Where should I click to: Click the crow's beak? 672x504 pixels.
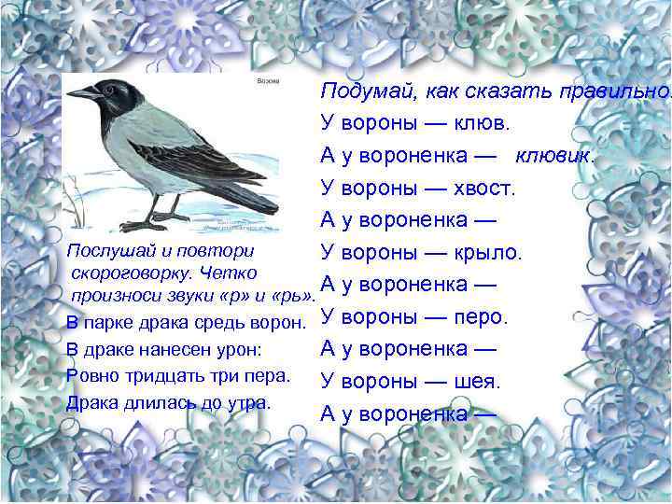pyautogui.click(x=83, y=94)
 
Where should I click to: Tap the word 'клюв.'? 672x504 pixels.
pyautogui.click(x=483, y=124)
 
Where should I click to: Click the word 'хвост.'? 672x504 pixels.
pyautogui.click(x=484, y=188)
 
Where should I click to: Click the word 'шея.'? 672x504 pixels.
pyautogui.click(x=478, y=382)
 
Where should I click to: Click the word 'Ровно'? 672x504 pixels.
pyautogui.click(x=90, y=375)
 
